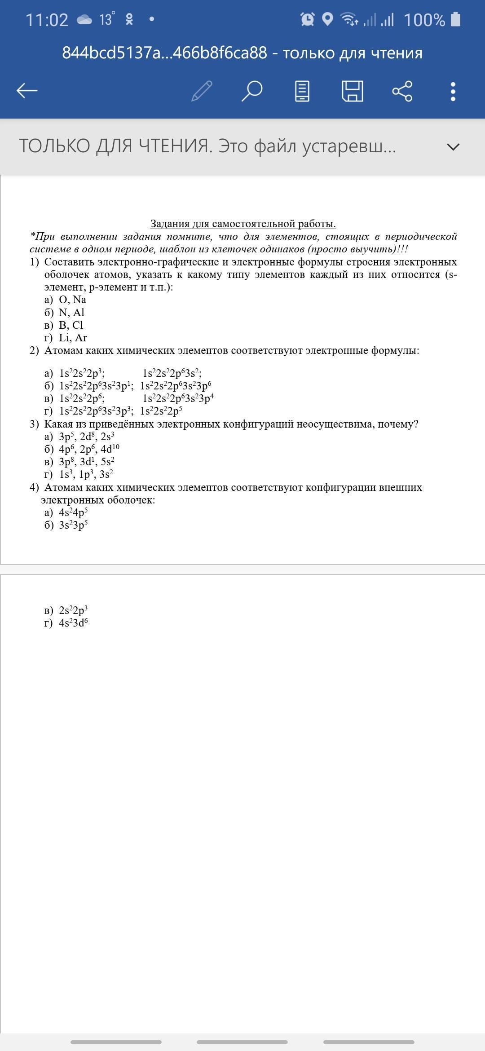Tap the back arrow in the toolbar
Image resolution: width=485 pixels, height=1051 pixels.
pyautogui.click(x=27, y=91)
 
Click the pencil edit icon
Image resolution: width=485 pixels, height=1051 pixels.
pyautogui.click(x=202, y=91)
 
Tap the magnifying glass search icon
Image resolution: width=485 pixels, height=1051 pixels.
pyautogui.click(x=251, y=91)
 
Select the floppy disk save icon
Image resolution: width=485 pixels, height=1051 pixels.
pyautogui.click(x=353, y=91)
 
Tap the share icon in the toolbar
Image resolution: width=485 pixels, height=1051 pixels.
pyautogui.click(x=402, y=91)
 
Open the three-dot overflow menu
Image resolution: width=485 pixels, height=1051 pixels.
pyautogui.click(x=453, y=91)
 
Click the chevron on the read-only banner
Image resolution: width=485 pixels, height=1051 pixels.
pyautogui.click(x=454, y=146)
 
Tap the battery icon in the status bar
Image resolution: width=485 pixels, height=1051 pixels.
pyautogui.click(x=455, y=19)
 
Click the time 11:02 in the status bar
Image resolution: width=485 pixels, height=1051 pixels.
pyautogui.click(x=47, y=20)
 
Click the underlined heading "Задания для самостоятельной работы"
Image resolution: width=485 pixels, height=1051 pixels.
pyautogui.click(x=243, y=224)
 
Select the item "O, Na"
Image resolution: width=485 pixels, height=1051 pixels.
pyautogui.click(x=72, y=300)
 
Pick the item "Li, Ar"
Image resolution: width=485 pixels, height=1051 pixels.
pyautogui.click(x=73, y=338)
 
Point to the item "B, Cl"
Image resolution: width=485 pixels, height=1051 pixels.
pyautogui.click(x=71, y=325)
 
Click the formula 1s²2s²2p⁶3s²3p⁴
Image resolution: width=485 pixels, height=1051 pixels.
pyautogui.click(x=178, y=398)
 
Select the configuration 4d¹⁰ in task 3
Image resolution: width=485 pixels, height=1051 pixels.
pyautogui.click(x=110, y=449)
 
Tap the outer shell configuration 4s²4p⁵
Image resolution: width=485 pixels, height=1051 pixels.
pyautogui.click(x=73, y=512)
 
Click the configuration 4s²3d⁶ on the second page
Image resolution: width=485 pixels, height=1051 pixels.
pyautogui.click(x=73, y=623)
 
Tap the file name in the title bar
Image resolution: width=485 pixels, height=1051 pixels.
pyautogui.click(x=164, y=53)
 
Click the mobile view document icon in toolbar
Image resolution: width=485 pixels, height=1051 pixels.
pyautogui.click(x=302, y=91)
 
